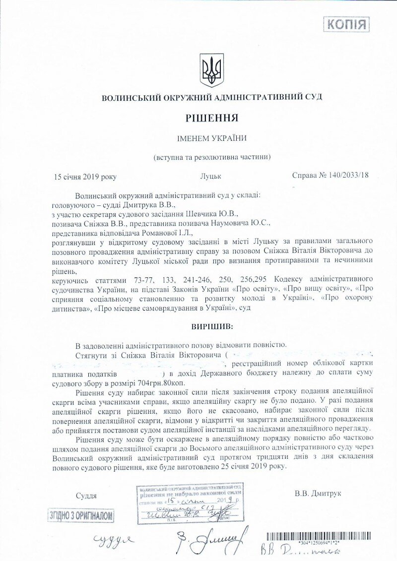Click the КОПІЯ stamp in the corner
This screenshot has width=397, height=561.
point(346,24)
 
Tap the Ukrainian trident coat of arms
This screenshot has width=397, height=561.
point(212,70)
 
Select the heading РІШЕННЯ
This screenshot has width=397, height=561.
point(212,118)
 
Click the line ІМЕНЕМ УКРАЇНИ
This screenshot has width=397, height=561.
point(212,138)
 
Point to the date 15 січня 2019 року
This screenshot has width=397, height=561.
point(85,176)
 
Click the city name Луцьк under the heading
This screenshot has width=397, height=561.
point(211,176)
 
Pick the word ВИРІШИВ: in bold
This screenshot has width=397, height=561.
point(212,327)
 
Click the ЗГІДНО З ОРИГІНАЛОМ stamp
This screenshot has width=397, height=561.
point(81,516)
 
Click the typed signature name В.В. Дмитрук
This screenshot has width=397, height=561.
point(318,494)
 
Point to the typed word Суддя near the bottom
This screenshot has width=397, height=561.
point(86,496)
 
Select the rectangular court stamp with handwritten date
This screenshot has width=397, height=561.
point(190,503)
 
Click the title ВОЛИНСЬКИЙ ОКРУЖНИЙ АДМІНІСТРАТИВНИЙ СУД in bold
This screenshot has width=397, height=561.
point(212,98)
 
